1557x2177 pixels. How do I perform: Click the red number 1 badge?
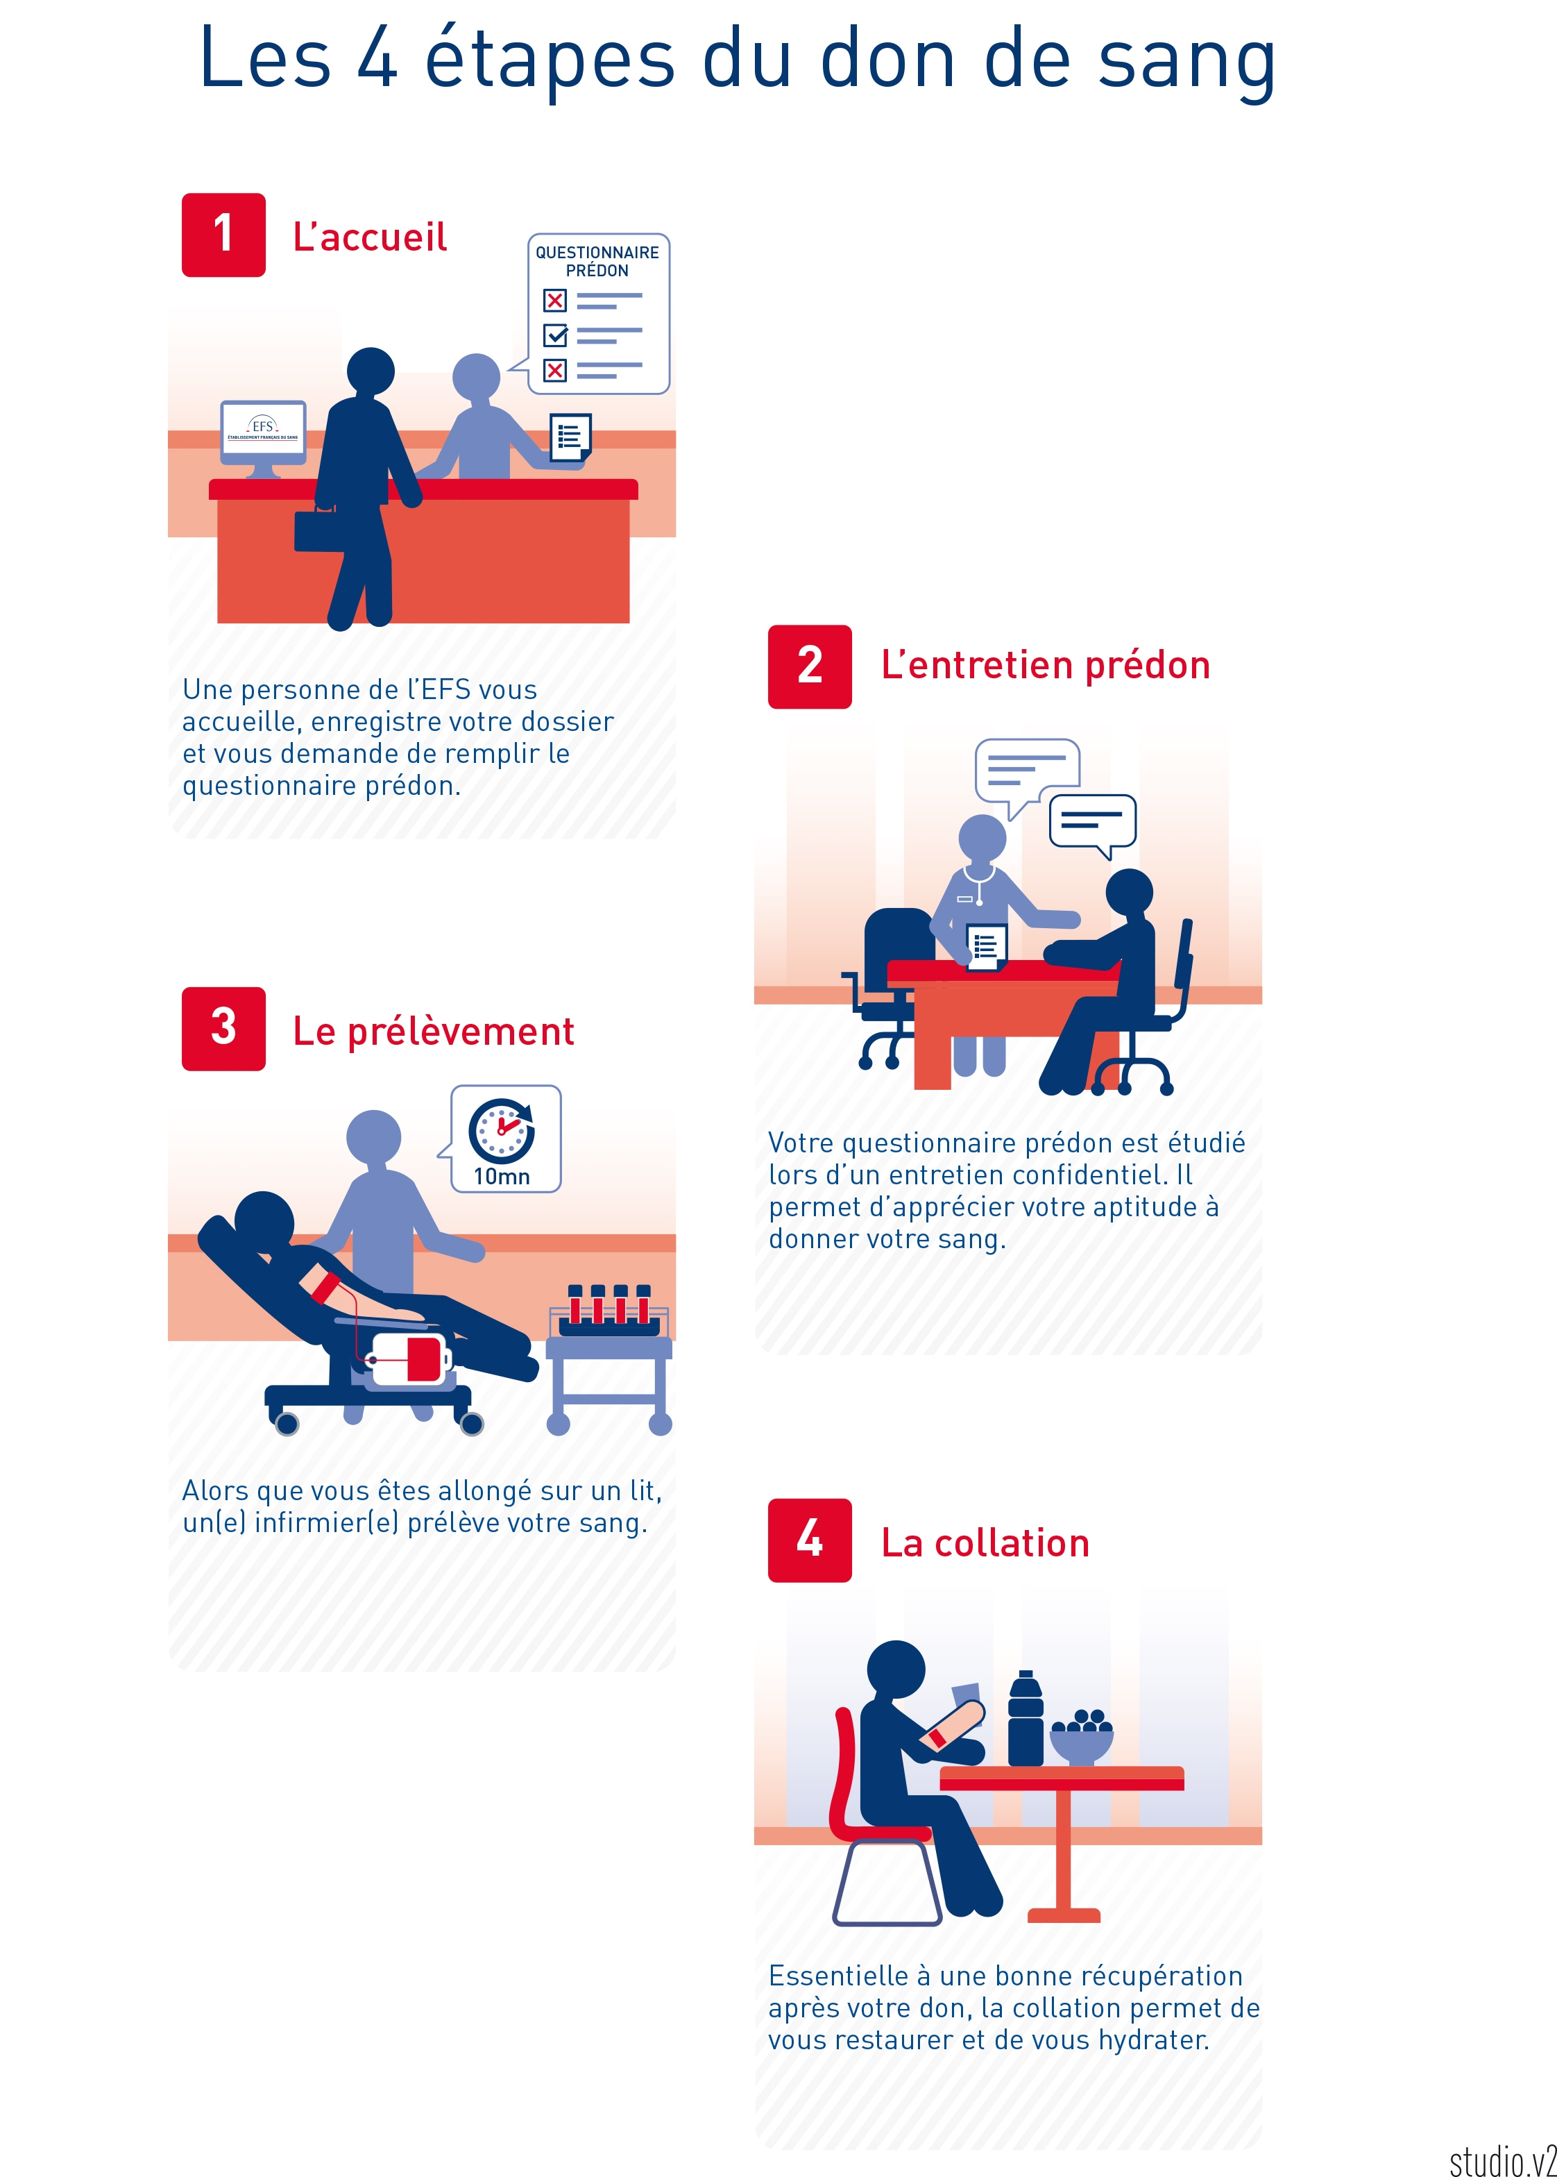pyautogui.click(x=223, y=235)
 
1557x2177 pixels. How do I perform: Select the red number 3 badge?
pyautogui.click(x=223, y=1028)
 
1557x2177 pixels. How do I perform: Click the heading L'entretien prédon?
pyautogui.click(x=1045, y=664)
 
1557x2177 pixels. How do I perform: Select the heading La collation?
pyautogui.click(x=985, y=1543)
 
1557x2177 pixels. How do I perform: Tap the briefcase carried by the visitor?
pyautogui.click(x=318, y=530)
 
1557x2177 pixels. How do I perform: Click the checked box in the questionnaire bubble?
pyautogui.click(x=555, y=335)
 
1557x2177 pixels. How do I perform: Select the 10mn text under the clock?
pyautogui.click(x=502, y=1177)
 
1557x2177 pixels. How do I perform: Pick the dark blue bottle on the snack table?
pyautogui.click(x=1025, y=1719)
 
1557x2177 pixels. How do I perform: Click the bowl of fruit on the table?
pyautogui.click(x=1082, y=1736)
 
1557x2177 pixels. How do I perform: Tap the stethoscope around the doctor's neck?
pyautogui.click(x=979, y=883)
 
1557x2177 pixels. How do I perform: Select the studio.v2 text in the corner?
pyautogui.click(x=1502, y=2162)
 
